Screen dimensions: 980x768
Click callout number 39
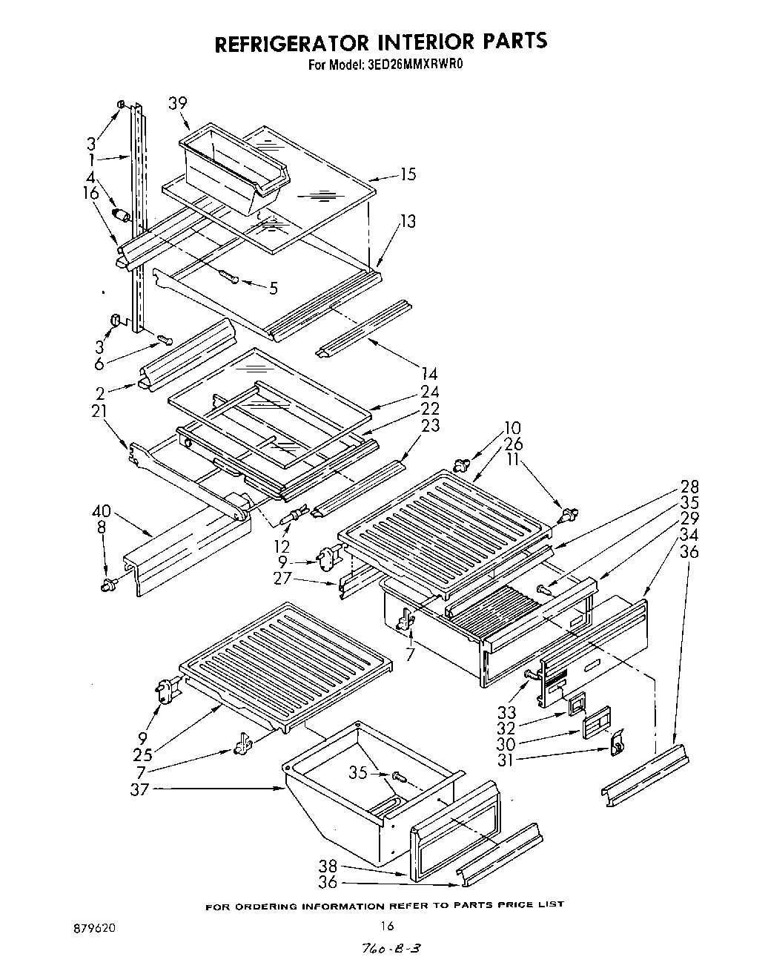[177, 103]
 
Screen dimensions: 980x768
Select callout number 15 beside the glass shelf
[407, 174]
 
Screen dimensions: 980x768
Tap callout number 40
[102, 510]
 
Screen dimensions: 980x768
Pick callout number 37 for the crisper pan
[140, 790]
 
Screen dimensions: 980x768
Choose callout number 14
[429, 375]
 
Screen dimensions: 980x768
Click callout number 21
[100, 410]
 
